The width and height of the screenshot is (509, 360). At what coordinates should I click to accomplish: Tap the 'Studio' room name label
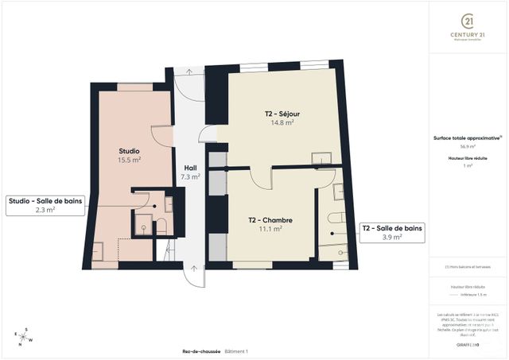pyautogui.click(x=130, y=151)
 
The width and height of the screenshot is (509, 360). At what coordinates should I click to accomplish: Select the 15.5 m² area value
pyautogui.click(x=130, y=160)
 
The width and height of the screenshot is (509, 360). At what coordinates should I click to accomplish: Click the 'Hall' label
pyautogui.click(x=190, y=168)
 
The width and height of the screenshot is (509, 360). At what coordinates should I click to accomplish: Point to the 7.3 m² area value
pyautogui.click(x=190, y=176)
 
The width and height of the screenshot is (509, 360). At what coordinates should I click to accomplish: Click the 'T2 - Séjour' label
pyautogui.click(x=282, y=114)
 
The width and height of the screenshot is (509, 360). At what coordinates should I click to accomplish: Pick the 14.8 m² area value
pyautogui.click(x=282, y=123)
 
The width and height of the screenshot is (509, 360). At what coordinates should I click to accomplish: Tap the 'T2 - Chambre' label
pyautogui.click(x=270, y=219)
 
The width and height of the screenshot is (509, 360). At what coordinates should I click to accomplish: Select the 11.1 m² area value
pyautogui.click(x=270, y=228)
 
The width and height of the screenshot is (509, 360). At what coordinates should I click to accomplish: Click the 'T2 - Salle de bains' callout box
pyautogui.click(x=392, y=232)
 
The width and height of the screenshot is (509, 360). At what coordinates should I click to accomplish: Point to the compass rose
pyautogui.click(x=24, y=337)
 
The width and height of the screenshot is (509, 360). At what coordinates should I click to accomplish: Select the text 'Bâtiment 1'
pyautogui.click(x=236, y=351)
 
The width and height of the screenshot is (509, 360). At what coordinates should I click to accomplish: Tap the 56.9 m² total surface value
pyautogui.click(x=468, y=146)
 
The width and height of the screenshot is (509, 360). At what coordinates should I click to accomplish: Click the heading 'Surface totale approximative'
pyautogui.click(x=468, y=137)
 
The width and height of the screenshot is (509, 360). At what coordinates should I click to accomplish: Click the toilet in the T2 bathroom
pyautogui.click(x=335, y=218)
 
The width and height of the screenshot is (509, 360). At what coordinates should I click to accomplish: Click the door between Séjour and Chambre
pyautogui.click(x=261, y=177)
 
